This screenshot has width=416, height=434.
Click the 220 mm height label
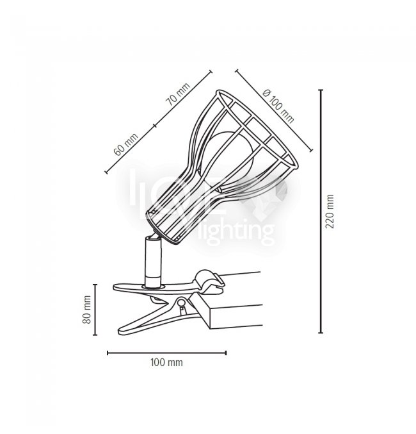click(x=330, y=211)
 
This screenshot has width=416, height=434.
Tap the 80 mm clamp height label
click(x=87, y=310)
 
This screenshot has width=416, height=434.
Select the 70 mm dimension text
click(x=179, y=94)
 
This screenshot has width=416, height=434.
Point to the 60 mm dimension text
click(x=126, y=144)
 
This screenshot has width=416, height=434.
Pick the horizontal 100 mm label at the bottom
click(x=166, y=362)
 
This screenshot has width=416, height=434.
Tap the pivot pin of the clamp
click(x=182, y=302)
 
